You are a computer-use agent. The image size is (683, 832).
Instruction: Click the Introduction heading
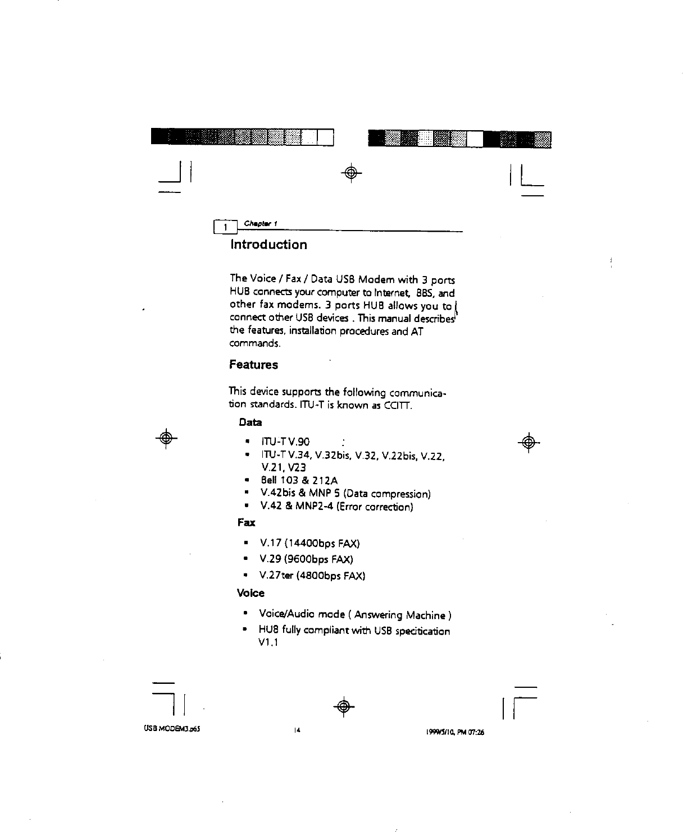click(268, 245)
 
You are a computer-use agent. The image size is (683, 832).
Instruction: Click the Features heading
click(253, 365)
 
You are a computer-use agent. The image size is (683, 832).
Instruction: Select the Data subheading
click(250, 421)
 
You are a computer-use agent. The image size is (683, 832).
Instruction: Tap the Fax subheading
click(246, 523)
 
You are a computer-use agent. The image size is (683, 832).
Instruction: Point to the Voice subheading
click(251, 593)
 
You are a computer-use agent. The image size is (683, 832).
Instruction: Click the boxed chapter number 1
click(224, 227)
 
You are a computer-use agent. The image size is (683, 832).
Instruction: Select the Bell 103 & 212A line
click(299, 480)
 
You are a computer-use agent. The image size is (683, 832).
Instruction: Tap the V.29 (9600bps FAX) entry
click(306, 559)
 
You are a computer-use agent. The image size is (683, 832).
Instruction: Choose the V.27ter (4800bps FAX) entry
click(312, 576)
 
